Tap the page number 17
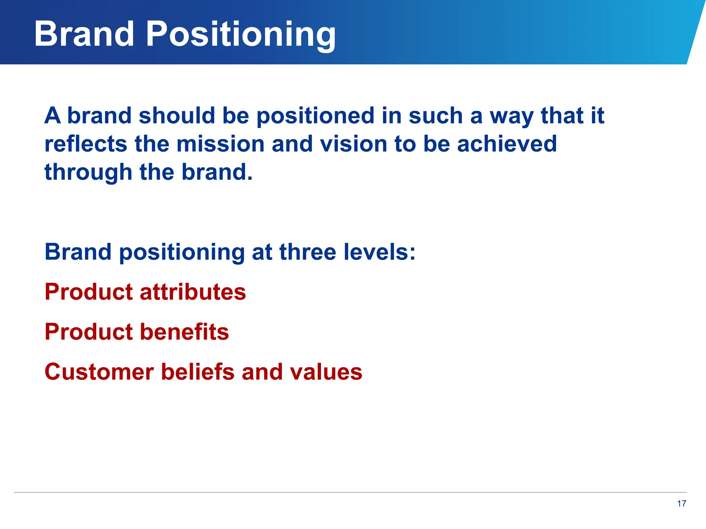[x=681, y=504]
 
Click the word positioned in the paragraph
[x=315, y=116]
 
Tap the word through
[x=88, y=173]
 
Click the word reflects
[x=86, y=144]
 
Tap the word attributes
[x=193, y=292]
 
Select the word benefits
[x=184, y=332]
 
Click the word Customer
[x=99, y=372]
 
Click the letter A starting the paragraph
[x=52, y=115]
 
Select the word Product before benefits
[x=89, y=332]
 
